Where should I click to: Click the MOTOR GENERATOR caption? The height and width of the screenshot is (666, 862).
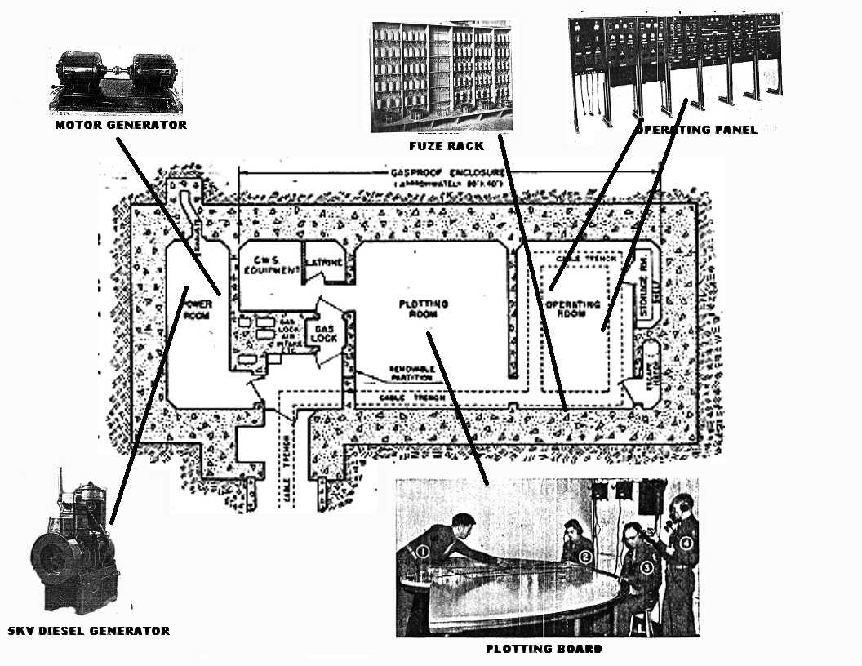121,125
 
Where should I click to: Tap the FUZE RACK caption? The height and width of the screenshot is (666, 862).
447,145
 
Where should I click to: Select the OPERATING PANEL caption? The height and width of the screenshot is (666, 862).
696,130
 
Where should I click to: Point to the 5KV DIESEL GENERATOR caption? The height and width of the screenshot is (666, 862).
88,631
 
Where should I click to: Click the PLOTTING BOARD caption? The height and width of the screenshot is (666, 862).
544,649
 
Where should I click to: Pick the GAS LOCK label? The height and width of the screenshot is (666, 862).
321,333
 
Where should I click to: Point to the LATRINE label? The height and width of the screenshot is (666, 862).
324,263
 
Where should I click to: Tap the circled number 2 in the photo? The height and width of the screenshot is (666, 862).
585,557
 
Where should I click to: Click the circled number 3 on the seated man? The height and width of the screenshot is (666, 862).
646,566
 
